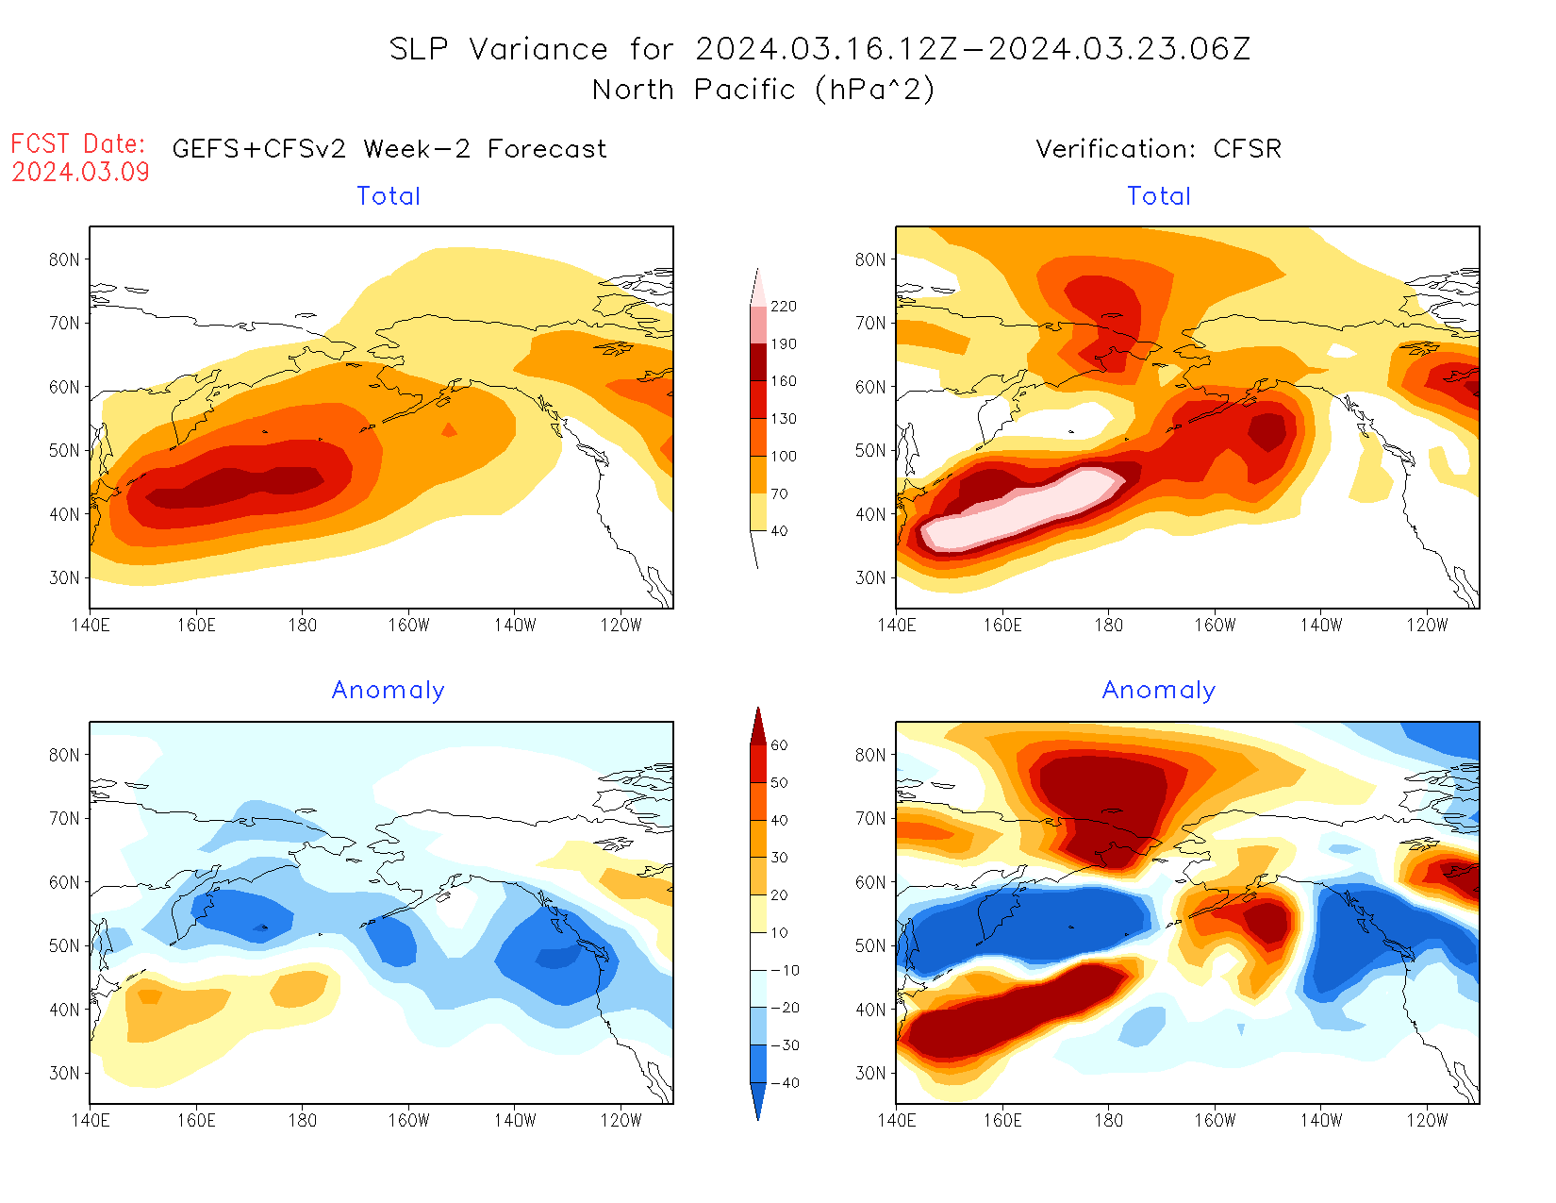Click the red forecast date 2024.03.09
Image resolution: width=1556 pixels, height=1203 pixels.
click(81, 172)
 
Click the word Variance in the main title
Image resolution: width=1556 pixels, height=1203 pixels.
click(538, 49)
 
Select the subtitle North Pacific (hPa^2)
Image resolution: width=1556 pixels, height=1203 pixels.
click(764, 90)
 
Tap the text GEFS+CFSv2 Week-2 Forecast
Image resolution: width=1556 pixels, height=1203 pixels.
click(389, 149)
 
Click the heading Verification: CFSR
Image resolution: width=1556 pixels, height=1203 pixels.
click(1159, 149)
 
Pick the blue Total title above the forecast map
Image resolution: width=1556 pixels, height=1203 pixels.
click(389, 196)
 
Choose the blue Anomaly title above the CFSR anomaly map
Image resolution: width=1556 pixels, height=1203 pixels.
click(1159, 691)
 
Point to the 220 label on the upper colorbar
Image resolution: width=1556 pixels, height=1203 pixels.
click(784, 307)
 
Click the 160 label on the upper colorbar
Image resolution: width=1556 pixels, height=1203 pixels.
click(784, 381)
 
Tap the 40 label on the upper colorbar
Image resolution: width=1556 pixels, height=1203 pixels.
click(779, 531)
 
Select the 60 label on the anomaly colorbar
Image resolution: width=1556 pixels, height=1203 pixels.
click(779, 745)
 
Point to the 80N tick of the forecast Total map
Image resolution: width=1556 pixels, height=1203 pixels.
click(64, 259)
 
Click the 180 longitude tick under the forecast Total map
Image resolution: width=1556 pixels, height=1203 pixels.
click(303, 626)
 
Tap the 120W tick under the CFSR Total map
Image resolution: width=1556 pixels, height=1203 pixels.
click(1427, 626)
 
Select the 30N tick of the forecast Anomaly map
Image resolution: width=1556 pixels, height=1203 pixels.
click(64, 1073)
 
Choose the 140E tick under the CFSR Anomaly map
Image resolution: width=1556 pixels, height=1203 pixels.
click(897, 1121)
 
